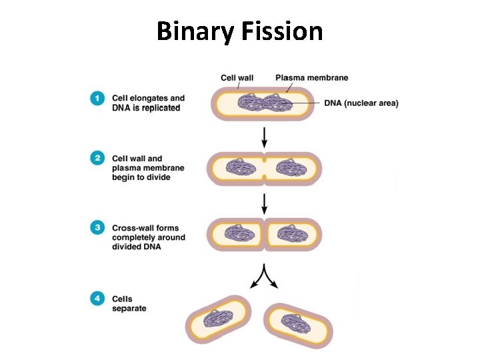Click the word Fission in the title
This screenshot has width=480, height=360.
(x=284, y=31)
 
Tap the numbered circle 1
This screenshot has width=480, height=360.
(x=97, y=98)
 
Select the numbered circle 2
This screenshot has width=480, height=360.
(x=97, y=159)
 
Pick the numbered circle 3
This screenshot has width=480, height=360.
(x=97, y=228)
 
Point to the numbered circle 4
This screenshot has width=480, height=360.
(x=97, y=299)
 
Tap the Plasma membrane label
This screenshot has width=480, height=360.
(x=311, y=78)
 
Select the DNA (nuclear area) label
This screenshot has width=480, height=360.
(x=361, y=103)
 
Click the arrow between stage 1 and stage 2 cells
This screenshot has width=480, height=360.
(x=265, y=137)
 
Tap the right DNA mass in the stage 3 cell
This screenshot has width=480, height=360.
(x=291, y=234)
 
